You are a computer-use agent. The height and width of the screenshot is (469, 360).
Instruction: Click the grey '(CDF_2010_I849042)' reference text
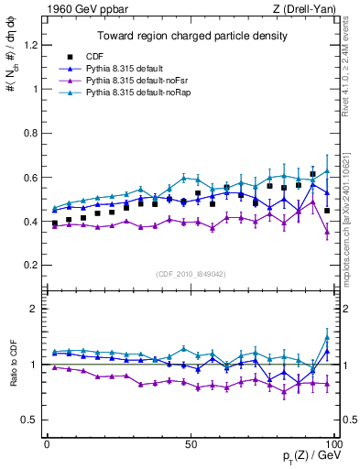191,273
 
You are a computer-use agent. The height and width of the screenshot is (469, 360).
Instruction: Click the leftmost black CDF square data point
55,223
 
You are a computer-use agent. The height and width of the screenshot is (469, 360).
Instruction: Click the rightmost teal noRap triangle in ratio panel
327,338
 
